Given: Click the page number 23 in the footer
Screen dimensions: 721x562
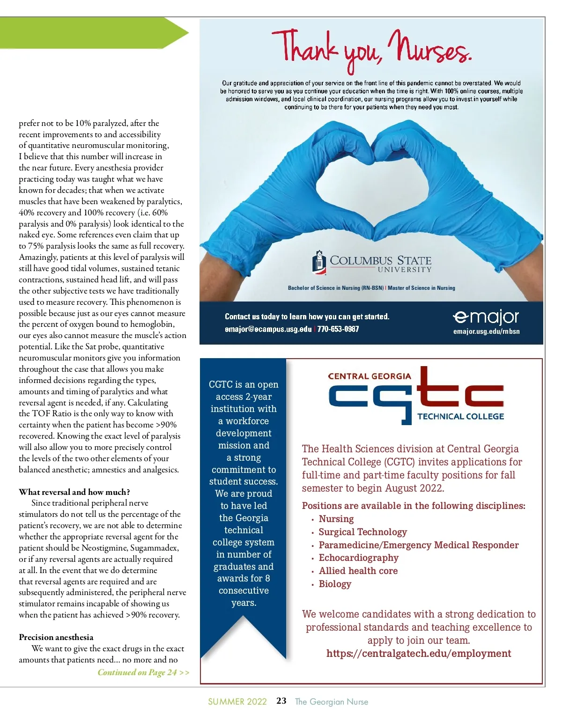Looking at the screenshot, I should (x=281, y=701).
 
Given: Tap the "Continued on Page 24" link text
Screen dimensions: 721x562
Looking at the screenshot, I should (x=143, y=672).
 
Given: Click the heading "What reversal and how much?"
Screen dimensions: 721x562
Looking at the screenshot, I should (x=74, y=492).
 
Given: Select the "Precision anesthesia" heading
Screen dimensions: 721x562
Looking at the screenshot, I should (x=56, y=637).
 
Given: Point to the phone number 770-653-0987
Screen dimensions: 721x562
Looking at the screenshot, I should (x=338, y=329).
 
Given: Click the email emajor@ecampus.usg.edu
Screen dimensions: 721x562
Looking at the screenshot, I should (x=268, y=329).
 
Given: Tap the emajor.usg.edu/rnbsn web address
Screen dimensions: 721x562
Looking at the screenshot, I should (x=486, y=331).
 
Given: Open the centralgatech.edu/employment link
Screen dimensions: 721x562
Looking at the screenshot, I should (x=419, y=653).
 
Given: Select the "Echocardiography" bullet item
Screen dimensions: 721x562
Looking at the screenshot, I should (x=358, y=558).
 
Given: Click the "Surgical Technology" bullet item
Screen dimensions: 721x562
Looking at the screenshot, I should (x=362, y=532).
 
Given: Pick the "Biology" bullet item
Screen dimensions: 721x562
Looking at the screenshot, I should (x=335, y=584).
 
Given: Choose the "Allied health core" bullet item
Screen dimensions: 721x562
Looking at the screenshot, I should (x=358, y=571).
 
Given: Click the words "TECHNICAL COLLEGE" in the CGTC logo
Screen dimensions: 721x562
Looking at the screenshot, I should (x=460, y=416).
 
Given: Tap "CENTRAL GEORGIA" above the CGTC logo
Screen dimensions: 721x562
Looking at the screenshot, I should (x=370, y=376).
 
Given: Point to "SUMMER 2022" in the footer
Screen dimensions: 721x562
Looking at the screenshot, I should (x=237, y=701).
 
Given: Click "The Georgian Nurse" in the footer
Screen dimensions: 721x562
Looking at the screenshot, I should (x=332, y=701).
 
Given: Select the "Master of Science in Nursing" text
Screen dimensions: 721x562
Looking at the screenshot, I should (x=421, y=288).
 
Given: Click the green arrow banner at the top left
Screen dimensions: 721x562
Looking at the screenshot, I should (x=94, y=33).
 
